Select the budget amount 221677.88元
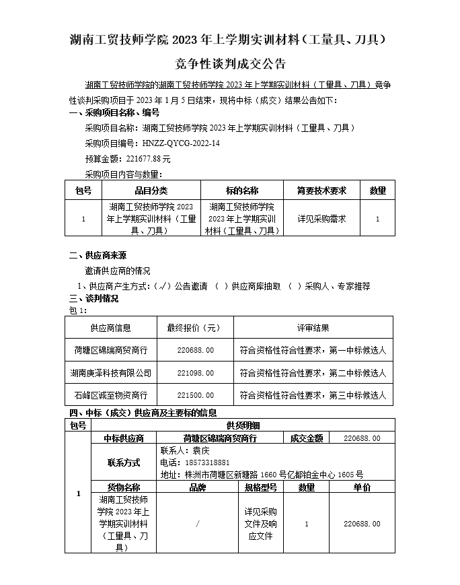(x=146, y=159)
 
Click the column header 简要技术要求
(x=321, y=191)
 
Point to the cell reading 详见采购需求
(x=321, y=219)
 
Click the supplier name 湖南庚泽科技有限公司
(x=111, y=372)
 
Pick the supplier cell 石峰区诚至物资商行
(x=111, y=395)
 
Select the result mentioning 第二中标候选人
(x=313, y=372)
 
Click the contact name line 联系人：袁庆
(x=185, y=450)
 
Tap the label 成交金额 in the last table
(x=306, y=438)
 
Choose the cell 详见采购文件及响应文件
(x=260, y=524)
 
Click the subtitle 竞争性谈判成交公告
(x=230, y=65)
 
